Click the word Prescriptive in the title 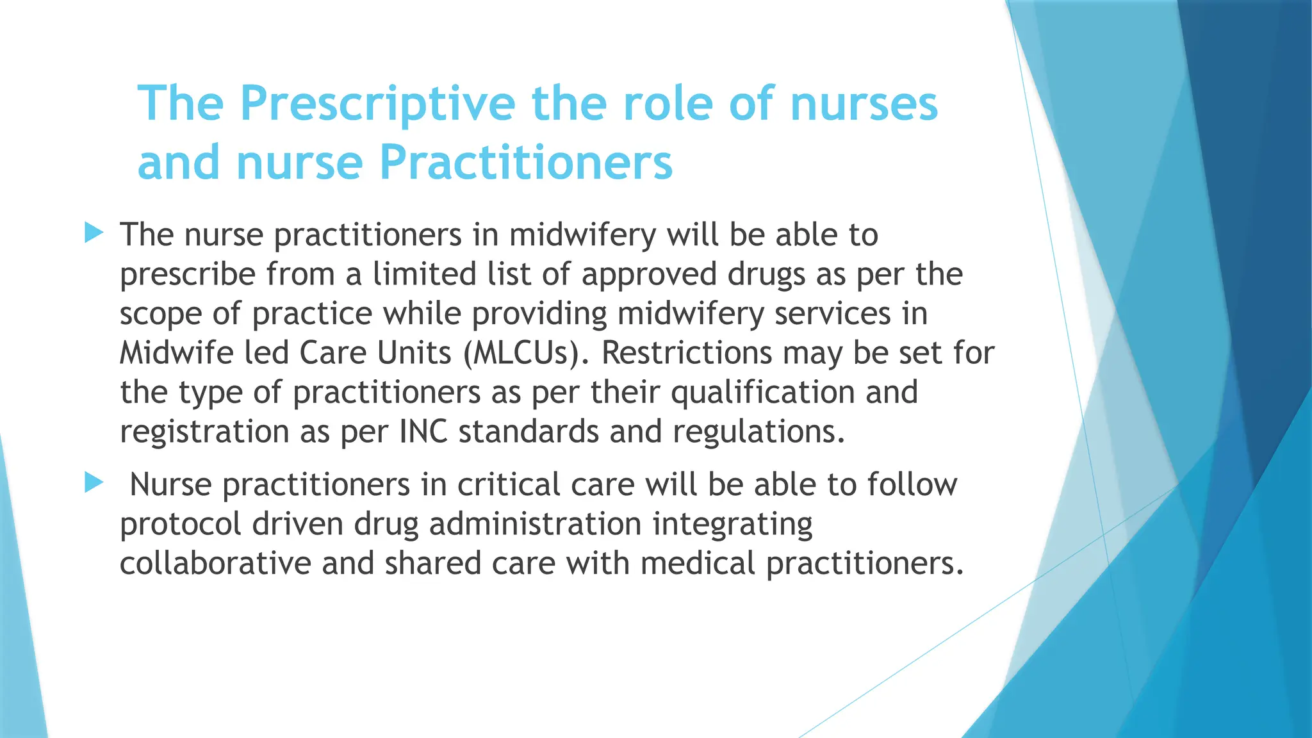coord(377,104)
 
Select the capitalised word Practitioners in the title coord(526,162)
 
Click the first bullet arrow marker coord(94,233)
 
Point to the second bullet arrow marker coord(94,482)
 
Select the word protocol coord(180,525)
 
